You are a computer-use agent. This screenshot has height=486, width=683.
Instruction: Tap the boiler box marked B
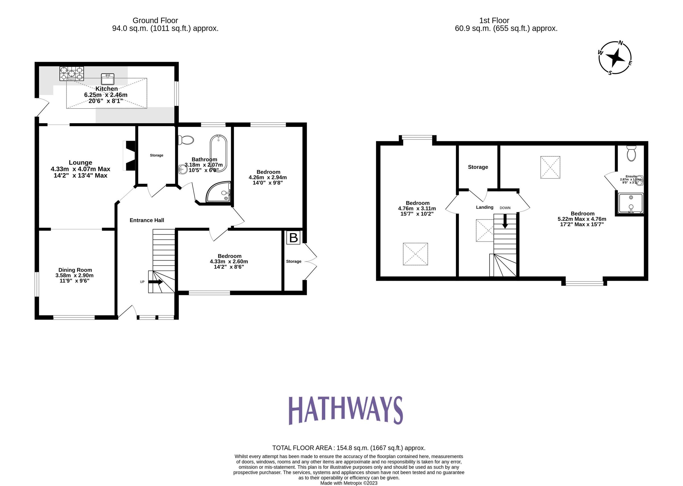click(293, 238)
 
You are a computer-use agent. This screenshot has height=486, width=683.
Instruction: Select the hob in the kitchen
click(72, 74)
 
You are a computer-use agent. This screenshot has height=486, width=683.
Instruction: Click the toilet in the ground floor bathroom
click(186, 140)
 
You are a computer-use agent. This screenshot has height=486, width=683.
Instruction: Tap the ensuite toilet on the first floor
click(631, 153)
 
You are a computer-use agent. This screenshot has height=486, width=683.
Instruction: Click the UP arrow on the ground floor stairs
click(155, 282)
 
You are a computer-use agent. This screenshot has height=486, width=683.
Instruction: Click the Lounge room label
click(81, 163)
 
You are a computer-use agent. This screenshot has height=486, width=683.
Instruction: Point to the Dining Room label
click(75, 270)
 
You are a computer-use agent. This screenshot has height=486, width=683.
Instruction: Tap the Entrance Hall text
click(147, 220)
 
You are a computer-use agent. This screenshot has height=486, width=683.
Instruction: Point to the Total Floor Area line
click(348, 448)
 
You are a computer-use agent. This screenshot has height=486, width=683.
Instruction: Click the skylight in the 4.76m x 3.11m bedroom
click(415, 254)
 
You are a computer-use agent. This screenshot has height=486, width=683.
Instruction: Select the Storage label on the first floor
click(478, 167)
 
